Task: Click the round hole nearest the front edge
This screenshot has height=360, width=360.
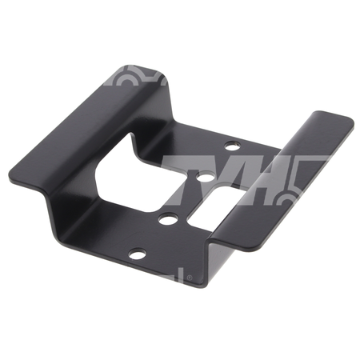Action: (138, 254)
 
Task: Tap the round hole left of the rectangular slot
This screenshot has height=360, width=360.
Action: (166, 219)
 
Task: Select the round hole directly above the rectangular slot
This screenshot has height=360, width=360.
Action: (205, 177)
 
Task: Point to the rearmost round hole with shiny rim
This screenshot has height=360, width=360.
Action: (232, 146)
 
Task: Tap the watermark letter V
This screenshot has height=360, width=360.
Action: (234, 179)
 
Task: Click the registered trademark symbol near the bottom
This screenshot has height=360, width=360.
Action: (190, 278)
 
